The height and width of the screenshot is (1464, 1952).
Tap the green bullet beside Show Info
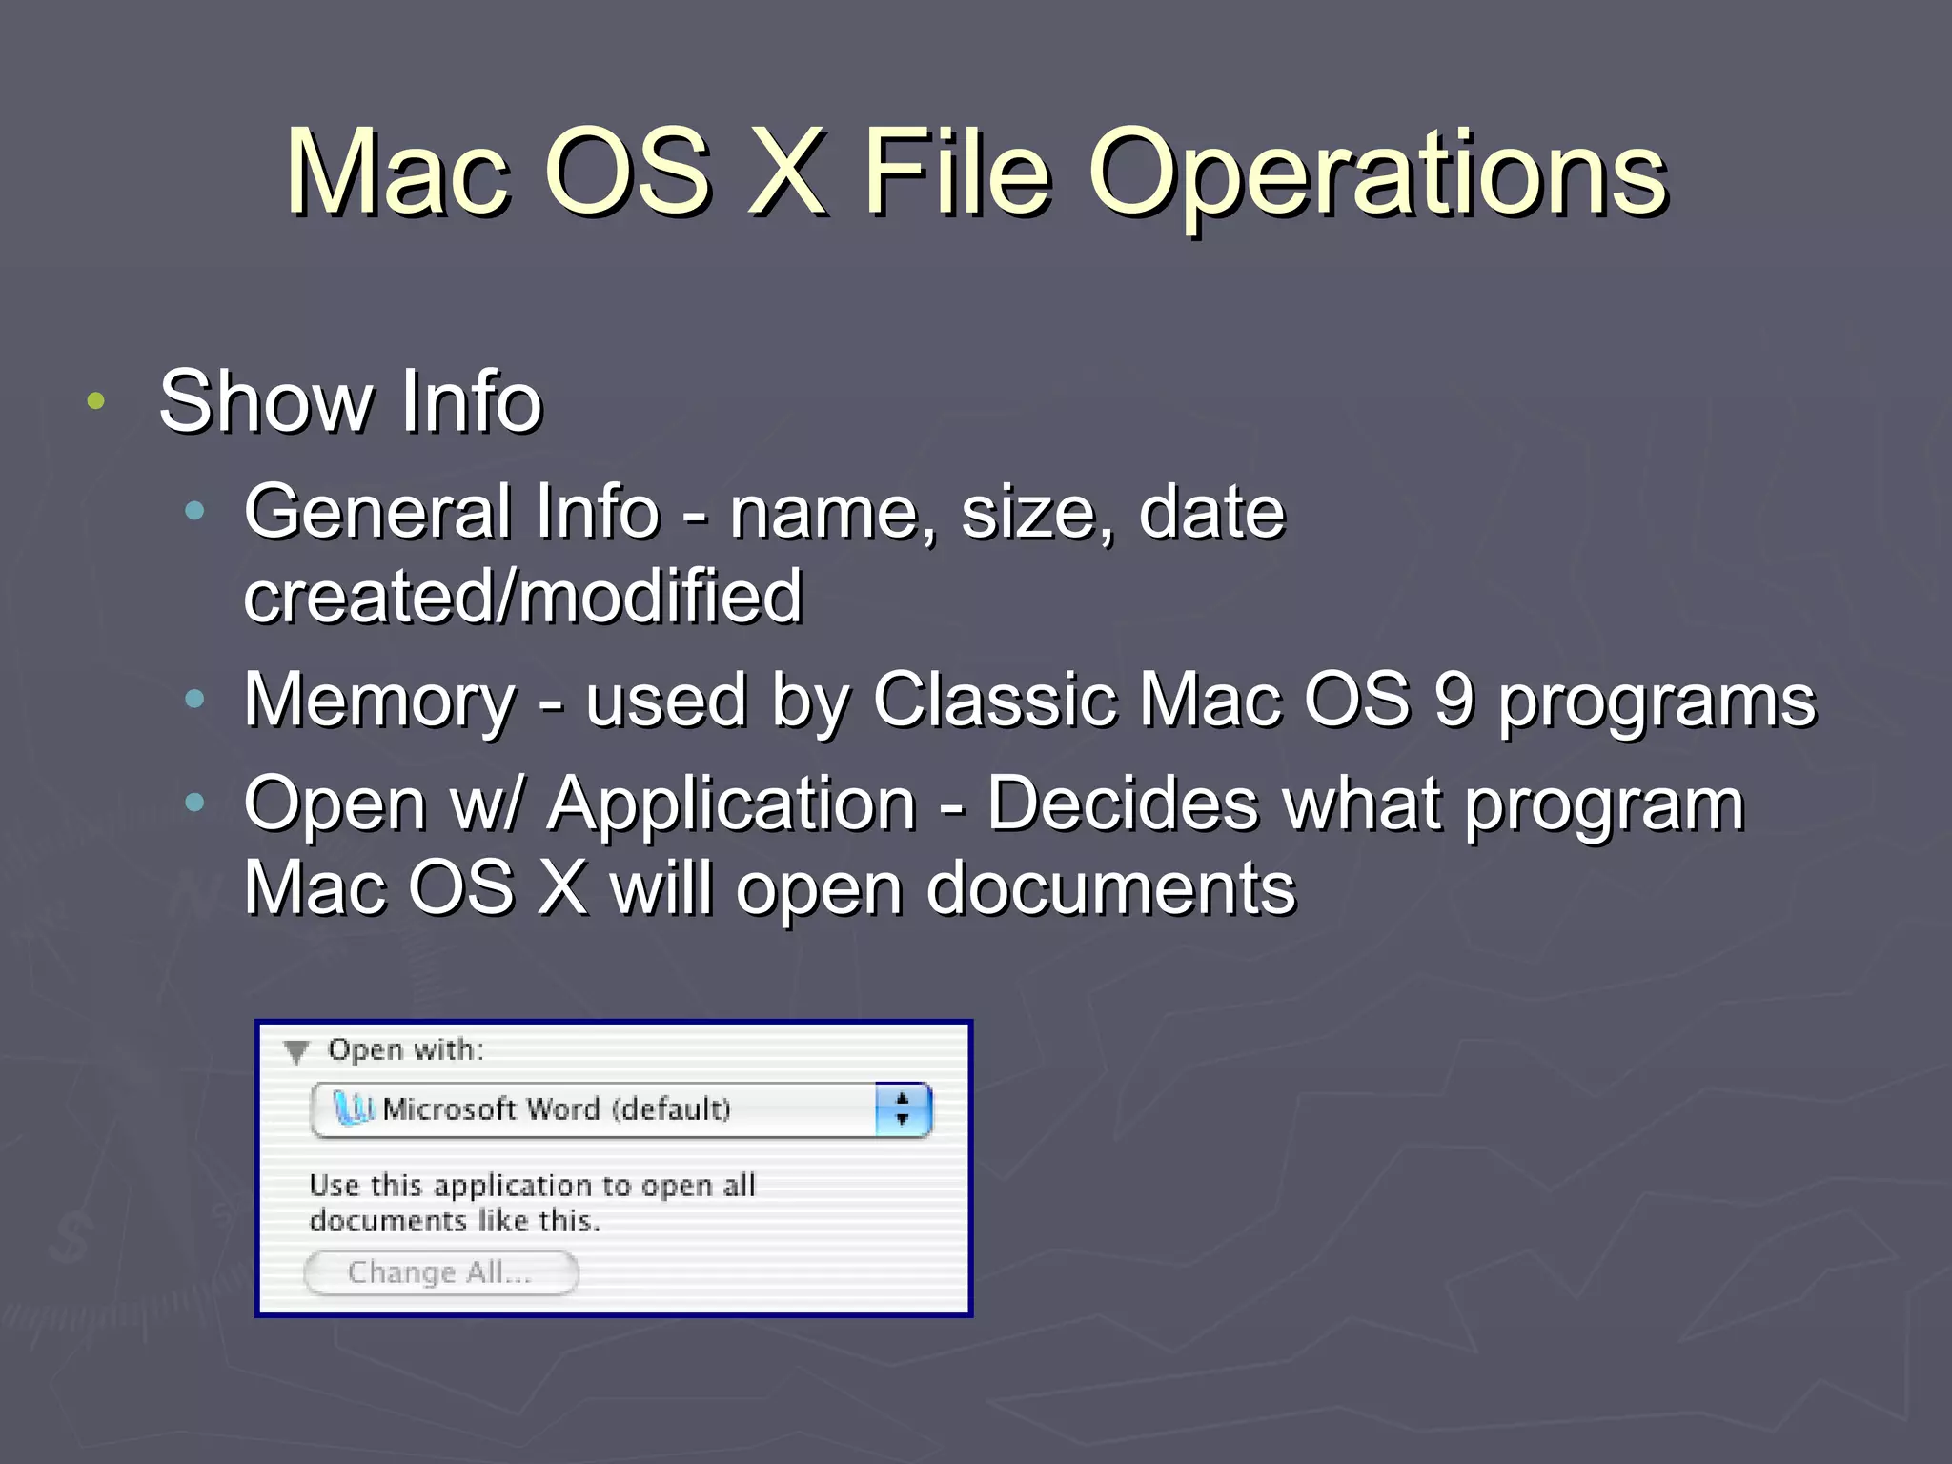click(x=95, y=401)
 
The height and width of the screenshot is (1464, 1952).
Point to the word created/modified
click(x=522, y=597)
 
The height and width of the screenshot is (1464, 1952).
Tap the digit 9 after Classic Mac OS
click(x=1454, y=700)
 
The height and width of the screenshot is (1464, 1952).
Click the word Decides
click(x=1122, y=803)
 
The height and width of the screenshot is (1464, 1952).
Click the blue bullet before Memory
click(x=195, y=701)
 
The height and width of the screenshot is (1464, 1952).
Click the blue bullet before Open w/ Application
click(x=195, y=803)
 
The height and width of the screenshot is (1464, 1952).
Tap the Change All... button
click(x=440, y=1272)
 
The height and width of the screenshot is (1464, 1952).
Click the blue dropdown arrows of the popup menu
click(x=903, y=1109)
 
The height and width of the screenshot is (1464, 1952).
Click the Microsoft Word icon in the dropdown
click(x=353, y=1108)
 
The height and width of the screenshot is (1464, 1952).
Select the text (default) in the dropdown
click(x=671, y=1109)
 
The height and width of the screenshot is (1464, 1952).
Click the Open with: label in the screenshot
click(x=406, y=1050)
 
